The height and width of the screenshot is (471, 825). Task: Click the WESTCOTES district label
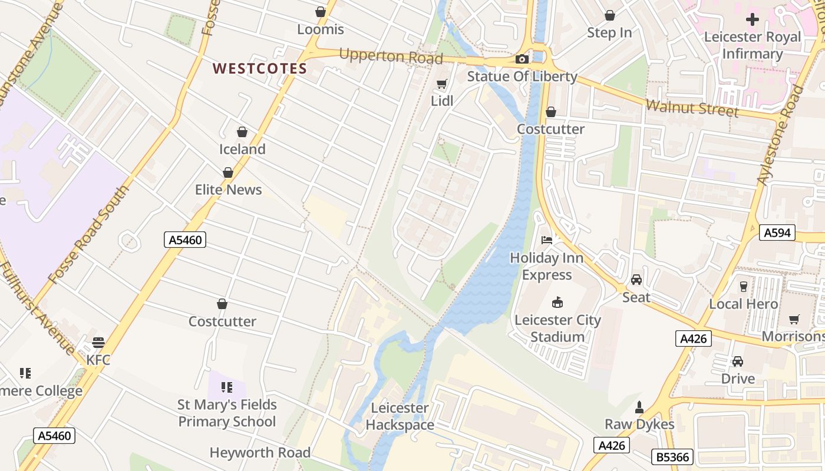pyautogui.click(x=260, y=68)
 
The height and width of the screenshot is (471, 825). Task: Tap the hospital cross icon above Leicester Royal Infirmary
pyautogui.click(x=753, y=19)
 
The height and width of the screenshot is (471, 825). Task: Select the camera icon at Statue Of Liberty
pyautogui.click(x=522, y=59)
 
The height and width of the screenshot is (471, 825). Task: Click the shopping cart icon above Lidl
pyautogui.click(x=441, y=84)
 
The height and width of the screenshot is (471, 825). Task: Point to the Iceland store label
pyautogui.click(x=242, y=149)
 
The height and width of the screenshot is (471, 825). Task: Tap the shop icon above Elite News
pyautogui.click(x=228, y=173)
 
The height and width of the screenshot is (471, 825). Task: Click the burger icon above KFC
pyautogui.click(x=98, y=343)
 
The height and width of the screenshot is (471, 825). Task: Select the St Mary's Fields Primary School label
pyautogui.click(x=227, y=413)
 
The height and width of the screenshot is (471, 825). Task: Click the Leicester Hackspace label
pyautogui.click(x=400, y=416)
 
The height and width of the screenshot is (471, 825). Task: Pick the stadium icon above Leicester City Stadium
pyautogui.click(x=557, y=303)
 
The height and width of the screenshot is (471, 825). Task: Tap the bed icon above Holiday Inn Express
pyautogui.click(x=547, y=240)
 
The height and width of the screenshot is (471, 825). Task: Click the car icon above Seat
pyautogui.click(x=636, y=280)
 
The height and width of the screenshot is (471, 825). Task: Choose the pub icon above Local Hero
pyautogui.click(x=744, y=287)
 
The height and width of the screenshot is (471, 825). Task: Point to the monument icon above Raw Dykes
pyautogui.click(x=639, y=407)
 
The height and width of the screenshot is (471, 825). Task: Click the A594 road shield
pyautogui.click(x=777, y=233)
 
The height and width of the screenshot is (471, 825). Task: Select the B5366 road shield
pyautogui.click(x=672, y=456)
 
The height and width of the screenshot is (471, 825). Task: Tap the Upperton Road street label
pyautogui.click(x=391, y=57)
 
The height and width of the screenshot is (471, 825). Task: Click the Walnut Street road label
pyautogui.click(x=692, y=108)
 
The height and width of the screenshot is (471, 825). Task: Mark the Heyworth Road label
pyautogui.click(x=260, y=452)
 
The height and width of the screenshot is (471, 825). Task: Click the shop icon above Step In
pyautogui.click(x=610, y=15)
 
